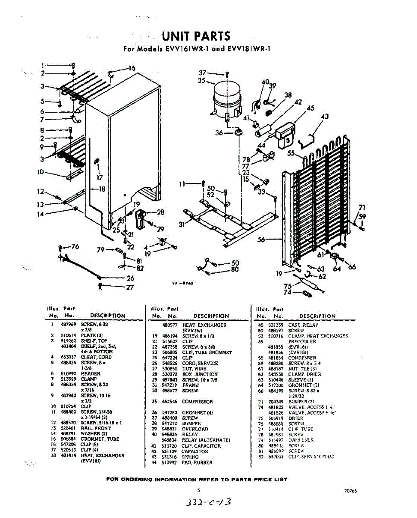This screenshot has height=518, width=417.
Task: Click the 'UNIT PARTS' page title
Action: [x=196, y=36]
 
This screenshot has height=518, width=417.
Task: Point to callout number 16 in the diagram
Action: [x=132, y=68]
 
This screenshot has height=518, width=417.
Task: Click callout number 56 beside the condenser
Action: [x=261, y=240]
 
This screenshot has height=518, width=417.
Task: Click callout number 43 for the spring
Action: [x=325, y=116]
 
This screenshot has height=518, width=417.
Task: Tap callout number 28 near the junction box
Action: [x=161, y=212]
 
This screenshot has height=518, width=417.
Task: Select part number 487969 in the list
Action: [x=68, y=325]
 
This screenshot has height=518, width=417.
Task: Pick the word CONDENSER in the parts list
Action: [x=302, y=358]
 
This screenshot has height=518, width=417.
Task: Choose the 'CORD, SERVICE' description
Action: [x=197, y=363]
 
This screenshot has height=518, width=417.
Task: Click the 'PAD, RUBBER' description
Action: [x=197, y=462]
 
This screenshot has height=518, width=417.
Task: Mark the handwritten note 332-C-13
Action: [x=209, y=502]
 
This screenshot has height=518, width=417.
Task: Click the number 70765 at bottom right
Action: [x=350, y=491]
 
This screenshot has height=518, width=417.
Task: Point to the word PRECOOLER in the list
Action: [x=302, y=341]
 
